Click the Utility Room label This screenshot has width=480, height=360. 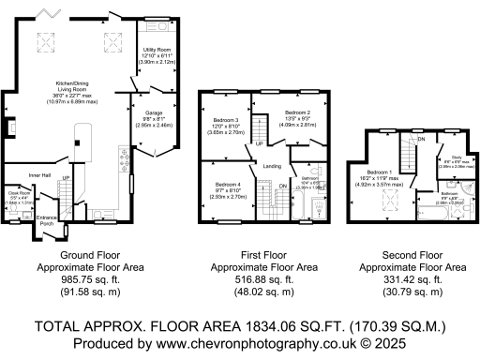157,48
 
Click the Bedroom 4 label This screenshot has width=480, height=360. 229,184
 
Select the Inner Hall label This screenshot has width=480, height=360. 37,174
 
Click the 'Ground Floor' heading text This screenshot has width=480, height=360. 89,255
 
